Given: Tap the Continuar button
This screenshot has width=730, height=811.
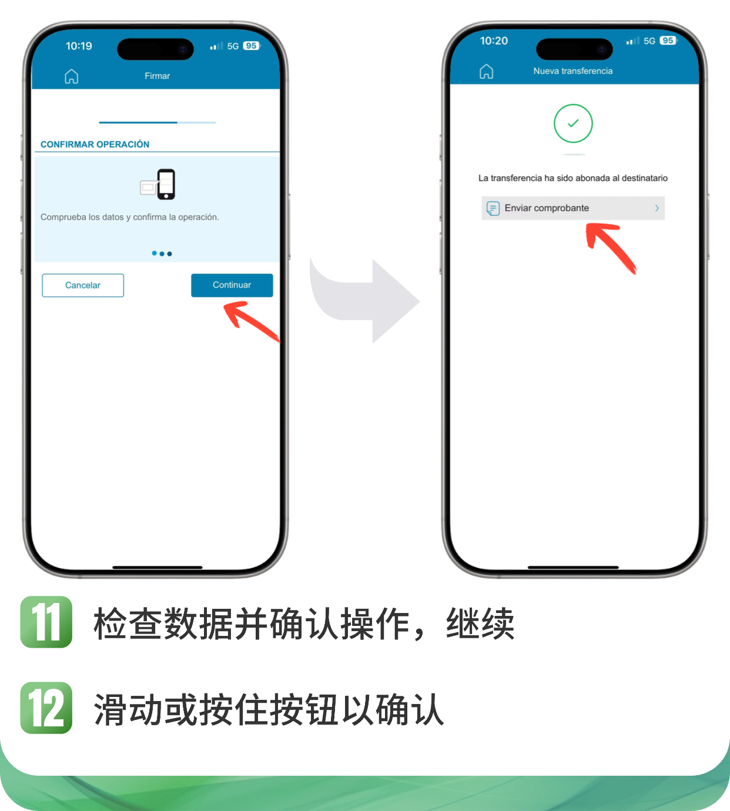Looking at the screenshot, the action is tap(232, 285).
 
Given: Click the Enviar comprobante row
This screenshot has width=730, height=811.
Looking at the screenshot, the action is tap(572, 208).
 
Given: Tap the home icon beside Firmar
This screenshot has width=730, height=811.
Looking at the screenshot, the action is tap(72, 76).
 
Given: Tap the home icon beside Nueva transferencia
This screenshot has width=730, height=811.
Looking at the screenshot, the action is tap(486, 71).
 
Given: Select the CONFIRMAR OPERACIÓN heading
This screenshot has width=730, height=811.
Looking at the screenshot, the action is tap(95, 145).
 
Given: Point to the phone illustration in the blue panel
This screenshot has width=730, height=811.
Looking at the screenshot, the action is tap(158, 185).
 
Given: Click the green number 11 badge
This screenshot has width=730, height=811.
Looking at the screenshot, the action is tap(46, 622).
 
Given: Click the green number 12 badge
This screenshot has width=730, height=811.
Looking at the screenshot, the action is tap(46, 708).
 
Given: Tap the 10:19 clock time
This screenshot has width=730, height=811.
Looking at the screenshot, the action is tap(79, 46).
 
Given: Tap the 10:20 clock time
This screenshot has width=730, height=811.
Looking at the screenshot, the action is tap(494, 41).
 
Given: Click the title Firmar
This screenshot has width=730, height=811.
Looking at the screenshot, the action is tap(158, 76).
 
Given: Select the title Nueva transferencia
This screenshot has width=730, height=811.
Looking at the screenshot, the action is tap(572, 71).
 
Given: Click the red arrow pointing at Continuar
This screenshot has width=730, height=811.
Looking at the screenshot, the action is tap(251, 321).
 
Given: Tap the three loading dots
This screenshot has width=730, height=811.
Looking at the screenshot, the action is tap(162, 253).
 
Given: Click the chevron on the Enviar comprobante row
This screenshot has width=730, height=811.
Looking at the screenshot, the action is tap(657, 208).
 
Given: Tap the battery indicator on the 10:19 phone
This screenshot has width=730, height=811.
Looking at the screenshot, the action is tap(252, 46).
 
